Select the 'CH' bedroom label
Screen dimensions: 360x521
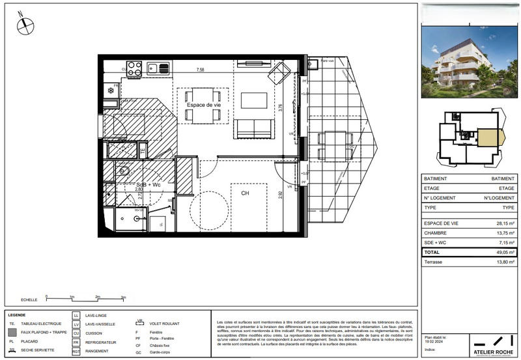[x=246, y=193]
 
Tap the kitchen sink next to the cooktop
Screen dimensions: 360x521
[x=158, y=67]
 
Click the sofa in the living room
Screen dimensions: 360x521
[x=253, y=129]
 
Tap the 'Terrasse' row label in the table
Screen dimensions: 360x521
[x=436, y=262]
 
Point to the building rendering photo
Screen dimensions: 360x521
[x=468, y=62]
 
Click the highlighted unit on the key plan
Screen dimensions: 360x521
[x=488, y=138]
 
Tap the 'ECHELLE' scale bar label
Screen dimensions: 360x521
[x=29, y=299]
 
